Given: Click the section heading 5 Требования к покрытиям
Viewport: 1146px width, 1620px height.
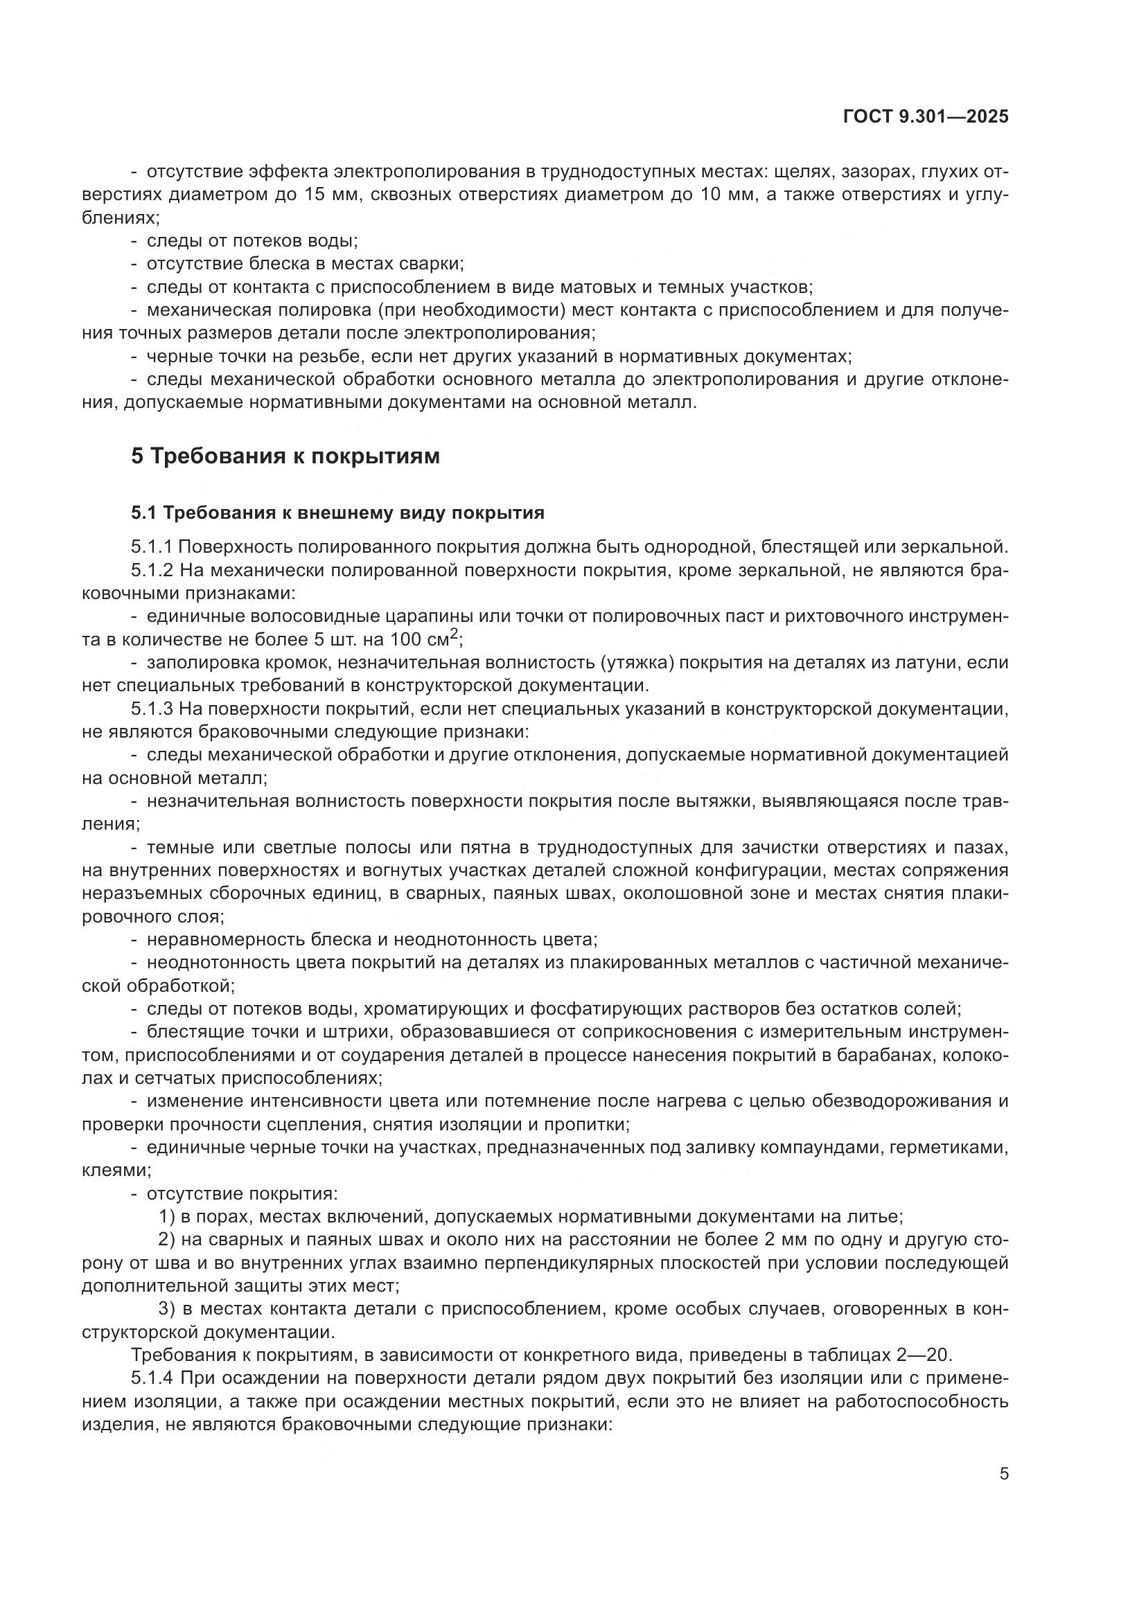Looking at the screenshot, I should pos(285,456).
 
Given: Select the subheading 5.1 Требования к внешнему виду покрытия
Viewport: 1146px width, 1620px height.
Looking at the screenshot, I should pos(337,513).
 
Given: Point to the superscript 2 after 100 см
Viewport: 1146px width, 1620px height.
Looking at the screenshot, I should pos(455,637).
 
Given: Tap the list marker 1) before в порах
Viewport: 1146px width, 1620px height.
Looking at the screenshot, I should pos(166,1216).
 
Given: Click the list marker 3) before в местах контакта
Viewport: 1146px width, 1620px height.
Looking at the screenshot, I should pos(166,1309).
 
